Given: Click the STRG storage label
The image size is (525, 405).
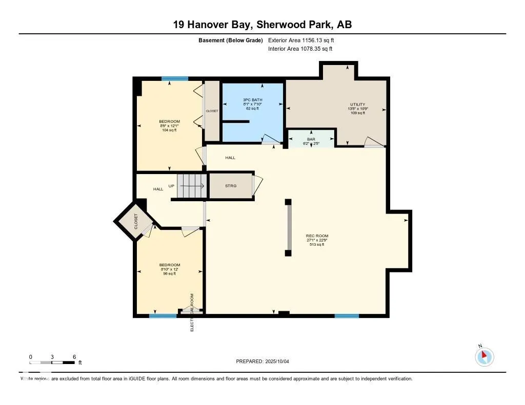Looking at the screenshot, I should tap(231, 185).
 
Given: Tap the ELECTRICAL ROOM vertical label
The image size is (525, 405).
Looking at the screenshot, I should tap(192, 312).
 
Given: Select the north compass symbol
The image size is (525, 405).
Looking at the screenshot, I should tap(484, 356).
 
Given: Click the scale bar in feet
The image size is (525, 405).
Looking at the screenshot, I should tap(52, 363).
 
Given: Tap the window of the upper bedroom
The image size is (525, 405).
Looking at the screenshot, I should tap(175, 79).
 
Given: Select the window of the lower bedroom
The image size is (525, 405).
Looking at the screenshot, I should tap(163, 316).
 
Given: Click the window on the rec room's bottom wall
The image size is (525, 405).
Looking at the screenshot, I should tap(347, 316).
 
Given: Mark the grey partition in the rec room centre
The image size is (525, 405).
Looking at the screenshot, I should tap(289, 227).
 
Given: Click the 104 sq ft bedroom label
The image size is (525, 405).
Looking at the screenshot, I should tap(169, 126).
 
